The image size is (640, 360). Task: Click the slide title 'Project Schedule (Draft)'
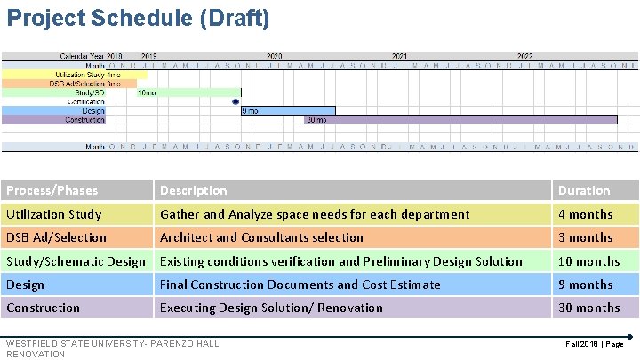tap(139, 18)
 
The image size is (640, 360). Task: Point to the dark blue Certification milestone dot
tap(236, 101)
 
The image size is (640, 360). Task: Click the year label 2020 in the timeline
tap(275, 55)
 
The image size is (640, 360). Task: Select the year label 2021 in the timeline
tap(400, 55)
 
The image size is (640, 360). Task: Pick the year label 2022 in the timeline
tap(525, 55)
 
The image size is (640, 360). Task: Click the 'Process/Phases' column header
tap(52, 190)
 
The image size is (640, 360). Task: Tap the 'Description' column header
tap(194, 190)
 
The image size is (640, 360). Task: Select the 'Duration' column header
tap(584, 190)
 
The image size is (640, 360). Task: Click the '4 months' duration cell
tap(585, 214)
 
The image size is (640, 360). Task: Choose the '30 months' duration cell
tap(588, 308)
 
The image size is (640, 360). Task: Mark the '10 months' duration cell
tap(588, 261)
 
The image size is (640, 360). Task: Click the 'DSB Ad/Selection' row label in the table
tap(56, 237)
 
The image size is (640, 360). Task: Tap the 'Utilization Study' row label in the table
tap(54, 214)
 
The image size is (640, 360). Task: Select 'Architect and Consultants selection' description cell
tap(261, 237)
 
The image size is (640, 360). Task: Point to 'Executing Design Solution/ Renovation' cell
tap(271, 308)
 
